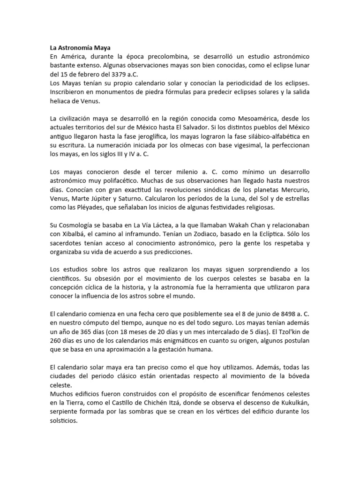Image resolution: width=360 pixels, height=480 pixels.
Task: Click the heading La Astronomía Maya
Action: pos(79,47)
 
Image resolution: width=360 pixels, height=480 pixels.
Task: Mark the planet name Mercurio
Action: pos(294,190)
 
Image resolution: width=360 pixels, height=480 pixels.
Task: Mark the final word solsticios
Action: pos(65,421)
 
